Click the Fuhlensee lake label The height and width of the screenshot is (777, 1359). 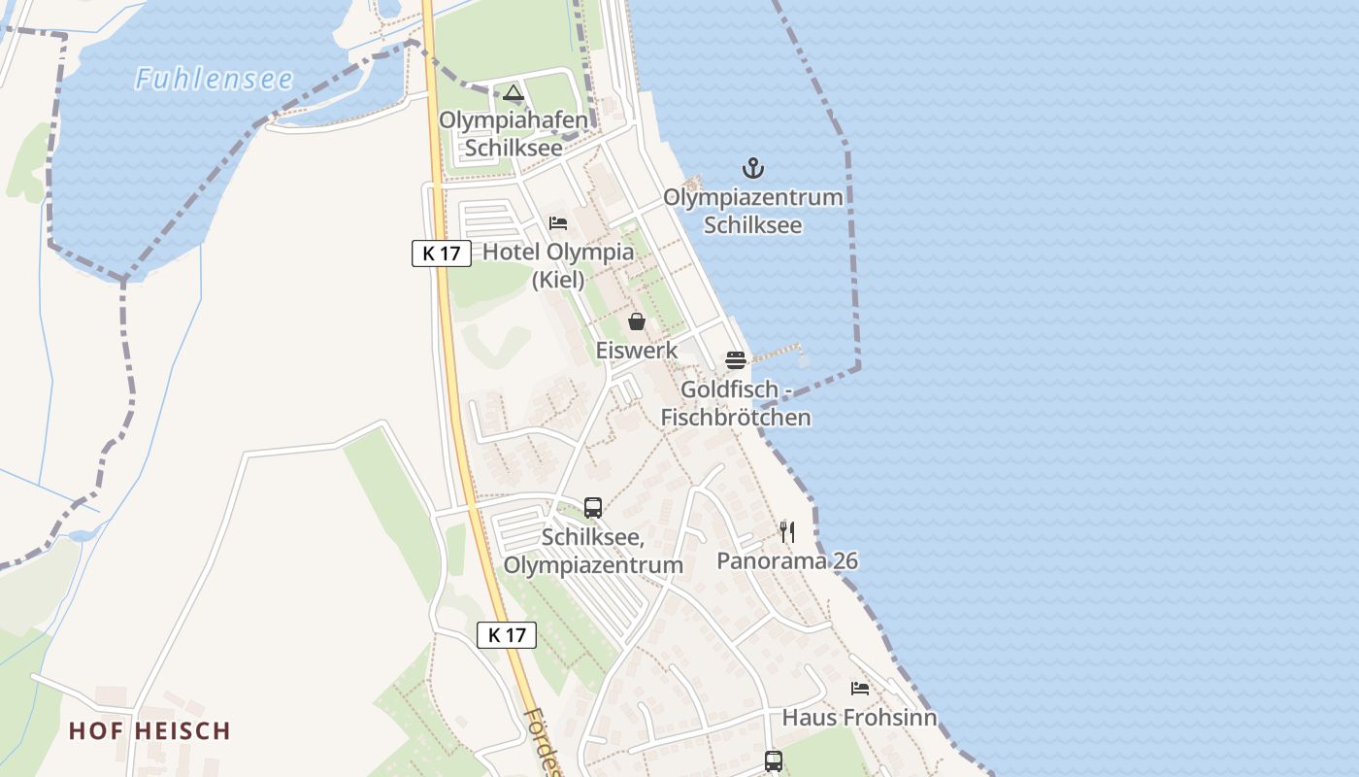coord(214,79)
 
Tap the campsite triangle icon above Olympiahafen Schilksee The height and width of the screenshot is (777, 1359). coord(514,93)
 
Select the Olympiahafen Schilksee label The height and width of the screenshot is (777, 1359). coord(514,134)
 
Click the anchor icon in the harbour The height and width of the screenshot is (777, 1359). coord(752,169)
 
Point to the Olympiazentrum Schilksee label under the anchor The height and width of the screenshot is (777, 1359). coord(752,211)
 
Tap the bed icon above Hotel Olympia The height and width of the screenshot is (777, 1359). coord(558,223)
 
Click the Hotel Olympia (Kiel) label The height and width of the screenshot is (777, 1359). coord(558,265)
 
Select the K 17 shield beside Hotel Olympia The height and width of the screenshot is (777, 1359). coord(442,253)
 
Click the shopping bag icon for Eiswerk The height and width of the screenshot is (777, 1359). coord(637,321)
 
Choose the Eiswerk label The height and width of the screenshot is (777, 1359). coord(637,350)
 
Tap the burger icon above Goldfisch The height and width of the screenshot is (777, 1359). coord(736,360)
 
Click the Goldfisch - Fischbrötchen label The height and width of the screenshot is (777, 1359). coord(736,403)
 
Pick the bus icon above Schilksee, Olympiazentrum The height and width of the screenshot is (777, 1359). coord(593,508)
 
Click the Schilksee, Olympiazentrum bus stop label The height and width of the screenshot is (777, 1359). coord(593,551)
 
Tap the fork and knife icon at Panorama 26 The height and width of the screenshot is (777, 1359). coord(787,532)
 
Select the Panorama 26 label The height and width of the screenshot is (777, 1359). coord(787,560)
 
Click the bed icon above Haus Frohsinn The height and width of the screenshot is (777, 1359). coord(860,689)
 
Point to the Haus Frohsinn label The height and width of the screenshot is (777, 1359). coord(860,718)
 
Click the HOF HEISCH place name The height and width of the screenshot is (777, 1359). coord(149,730)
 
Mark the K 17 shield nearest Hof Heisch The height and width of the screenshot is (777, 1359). coord(507,635)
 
